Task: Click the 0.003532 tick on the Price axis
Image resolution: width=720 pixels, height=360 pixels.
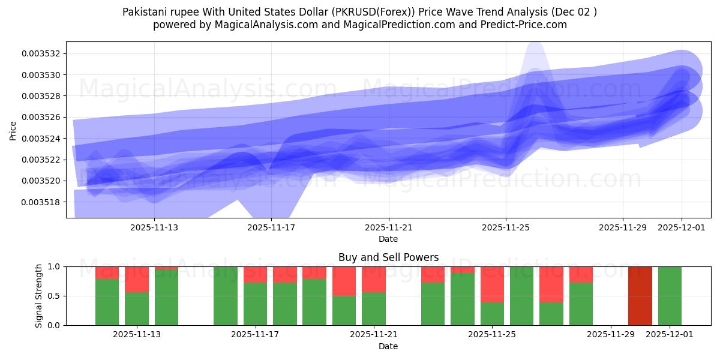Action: (x=41, y=53)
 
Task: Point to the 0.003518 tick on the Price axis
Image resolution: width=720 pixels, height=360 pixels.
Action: (x=41, y=202)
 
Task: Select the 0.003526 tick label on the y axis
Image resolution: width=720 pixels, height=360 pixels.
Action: (x=41, y=117)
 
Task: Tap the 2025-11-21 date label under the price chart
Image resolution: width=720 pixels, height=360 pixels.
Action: (x=389, y=227)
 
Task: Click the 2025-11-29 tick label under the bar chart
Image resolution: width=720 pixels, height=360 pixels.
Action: (x=610, y=335)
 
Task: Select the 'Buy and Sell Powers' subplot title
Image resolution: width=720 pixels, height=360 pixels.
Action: (x=388, y=257)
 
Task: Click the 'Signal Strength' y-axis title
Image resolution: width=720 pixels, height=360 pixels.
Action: (x=39, y=296)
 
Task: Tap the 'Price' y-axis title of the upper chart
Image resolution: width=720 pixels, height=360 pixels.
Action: (x=13, y=130)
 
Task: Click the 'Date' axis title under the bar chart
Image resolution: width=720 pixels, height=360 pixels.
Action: (x=388, y=346)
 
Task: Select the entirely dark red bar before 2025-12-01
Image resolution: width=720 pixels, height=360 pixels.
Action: (x=640, y=296)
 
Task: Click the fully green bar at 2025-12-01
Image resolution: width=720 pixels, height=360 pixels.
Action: (x=670, y=296)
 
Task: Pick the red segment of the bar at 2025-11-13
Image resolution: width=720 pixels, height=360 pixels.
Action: (x=137, y=279)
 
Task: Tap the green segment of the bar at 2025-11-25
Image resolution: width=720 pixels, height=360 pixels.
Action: (x=492, y=313)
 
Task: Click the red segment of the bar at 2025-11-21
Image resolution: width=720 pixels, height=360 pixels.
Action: (x=374, y=279)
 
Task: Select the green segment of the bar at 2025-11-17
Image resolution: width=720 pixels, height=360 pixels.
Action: (x=255, y=304)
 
